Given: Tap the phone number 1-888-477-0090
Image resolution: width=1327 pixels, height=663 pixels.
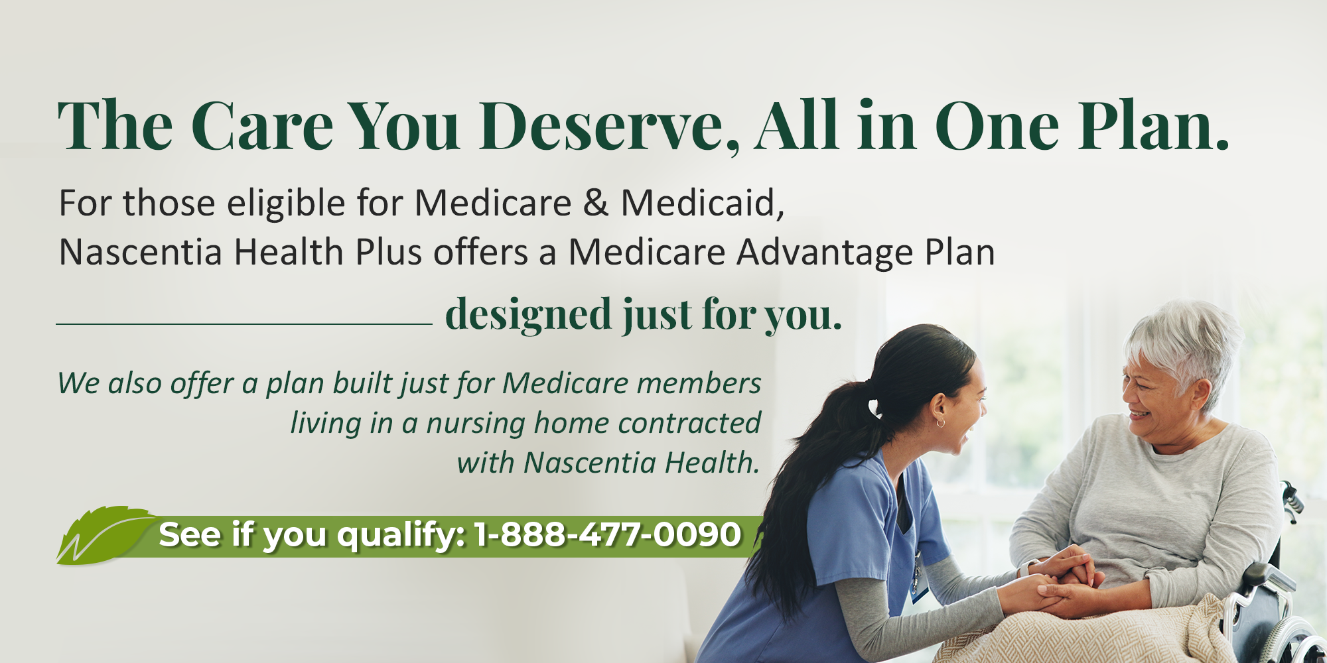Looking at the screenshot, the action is coord(608,534).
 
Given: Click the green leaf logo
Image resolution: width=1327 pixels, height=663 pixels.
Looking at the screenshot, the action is coord(106,535).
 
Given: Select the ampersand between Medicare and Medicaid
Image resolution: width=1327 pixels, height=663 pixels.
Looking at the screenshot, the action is coord(595,202).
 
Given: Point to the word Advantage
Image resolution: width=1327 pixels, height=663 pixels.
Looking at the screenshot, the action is coord(824,253).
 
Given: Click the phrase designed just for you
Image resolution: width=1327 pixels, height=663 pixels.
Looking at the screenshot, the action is coord(644,315).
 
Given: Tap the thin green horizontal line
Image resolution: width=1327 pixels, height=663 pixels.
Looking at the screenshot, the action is coord(244,324).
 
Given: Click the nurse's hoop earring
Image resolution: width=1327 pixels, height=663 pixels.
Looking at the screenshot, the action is coord(940,422).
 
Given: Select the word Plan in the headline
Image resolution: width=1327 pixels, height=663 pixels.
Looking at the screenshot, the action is coord(1154,126).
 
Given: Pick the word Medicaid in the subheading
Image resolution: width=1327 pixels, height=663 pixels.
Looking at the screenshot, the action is coord(703,202).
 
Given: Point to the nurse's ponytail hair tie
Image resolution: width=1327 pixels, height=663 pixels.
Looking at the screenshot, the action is coord(874,405).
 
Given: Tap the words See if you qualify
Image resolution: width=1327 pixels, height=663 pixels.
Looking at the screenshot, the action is coord(312,535).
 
